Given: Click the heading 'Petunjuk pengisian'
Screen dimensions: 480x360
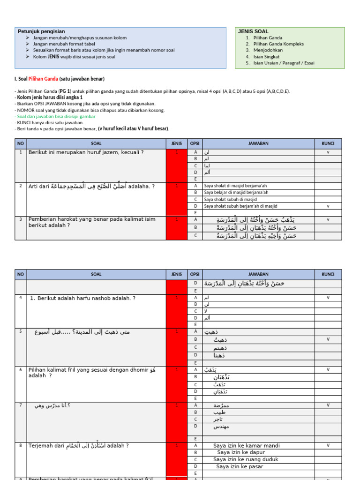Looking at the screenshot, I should click(41, 31).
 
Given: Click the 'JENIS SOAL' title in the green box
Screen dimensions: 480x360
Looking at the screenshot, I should click(253, 31).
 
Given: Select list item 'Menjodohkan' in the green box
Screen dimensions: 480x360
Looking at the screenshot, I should click(268, 50).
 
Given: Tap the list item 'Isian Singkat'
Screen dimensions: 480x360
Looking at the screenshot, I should click(266, 56).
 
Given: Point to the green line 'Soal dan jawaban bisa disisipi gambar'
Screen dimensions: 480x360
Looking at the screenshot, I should click(55, 116).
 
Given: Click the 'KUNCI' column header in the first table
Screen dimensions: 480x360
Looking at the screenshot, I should click(328, 143).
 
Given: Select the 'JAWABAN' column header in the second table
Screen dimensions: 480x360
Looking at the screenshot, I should click(258, 274).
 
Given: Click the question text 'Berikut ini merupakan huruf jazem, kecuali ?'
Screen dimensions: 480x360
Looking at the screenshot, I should click(86, 152).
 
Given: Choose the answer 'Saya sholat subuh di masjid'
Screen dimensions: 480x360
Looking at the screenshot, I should click(230, 199).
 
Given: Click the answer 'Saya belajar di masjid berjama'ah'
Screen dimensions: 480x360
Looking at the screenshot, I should click(236, 192).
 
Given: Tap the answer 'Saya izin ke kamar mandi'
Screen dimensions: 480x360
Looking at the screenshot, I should click(246, 446).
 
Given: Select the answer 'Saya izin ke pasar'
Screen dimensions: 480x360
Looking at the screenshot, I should click(239, 467).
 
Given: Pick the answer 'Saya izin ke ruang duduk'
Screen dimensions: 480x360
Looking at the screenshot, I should click(246, 460).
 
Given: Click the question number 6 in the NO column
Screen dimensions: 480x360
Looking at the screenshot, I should click(21, 370).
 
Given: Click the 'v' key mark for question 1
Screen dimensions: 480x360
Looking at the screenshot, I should click(328, 152).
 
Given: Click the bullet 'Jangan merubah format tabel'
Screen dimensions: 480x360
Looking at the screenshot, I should click(64, 44).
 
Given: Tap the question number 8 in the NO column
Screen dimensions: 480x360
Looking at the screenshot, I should click(21, 446).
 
